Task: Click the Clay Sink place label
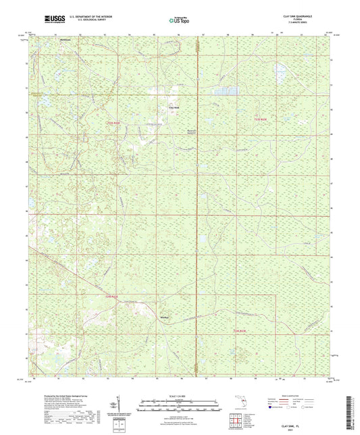[174, 108]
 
